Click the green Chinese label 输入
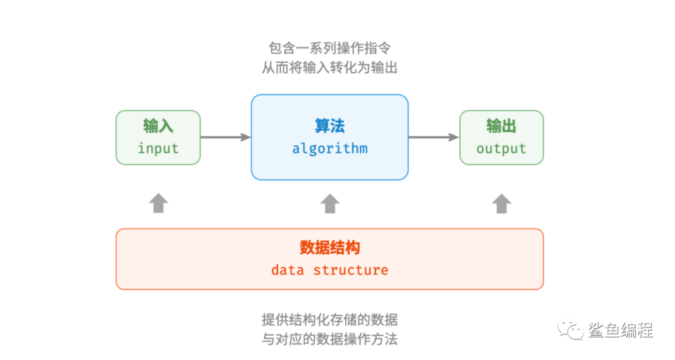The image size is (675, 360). point(158,126)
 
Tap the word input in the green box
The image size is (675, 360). point(158,149)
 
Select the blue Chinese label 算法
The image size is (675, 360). point(330,126)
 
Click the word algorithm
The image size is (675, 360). point(330,149)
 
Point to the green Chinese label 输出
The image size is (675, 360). point(501,126)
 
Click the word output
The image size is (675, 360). point(501,149)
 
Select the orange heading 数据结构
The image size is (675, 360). point(330,247)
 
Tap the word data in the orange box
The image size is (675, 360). point(287,270)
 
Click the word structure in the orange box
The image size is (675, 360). point(351,270)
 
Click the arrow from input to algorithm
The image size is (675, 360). point(226,137)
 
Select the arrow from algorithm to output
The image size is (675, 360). point(434,137)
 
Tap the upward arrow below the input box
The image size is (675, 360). point(158,203)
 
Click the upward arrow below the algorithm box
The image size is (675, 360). point(330,203)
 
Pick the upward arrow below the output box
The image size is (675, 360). point(502,203)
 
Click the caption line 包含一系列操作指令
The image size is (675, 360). point(330,47)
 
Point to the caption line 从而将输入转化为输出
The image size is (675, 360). point(330,67)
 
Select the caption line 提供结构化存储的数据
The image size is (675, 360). point(330,320)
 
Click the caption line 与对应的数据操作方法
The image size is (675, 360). point(330,339)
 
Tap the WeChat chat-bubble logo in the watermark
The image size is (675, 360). point(571,330)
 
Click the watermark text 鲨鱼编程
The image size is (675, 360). point(621,330)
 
